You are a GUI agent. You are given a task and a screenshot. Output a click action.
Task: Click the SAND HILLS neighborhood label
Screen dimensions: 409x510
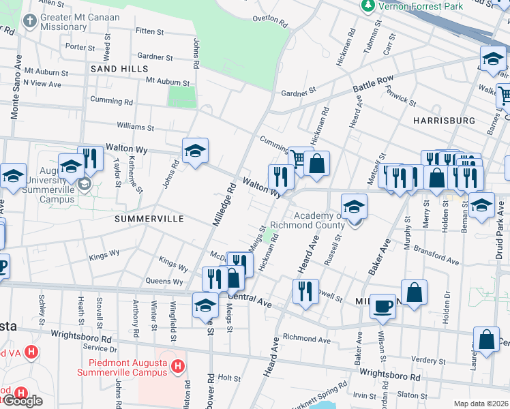click(x=120, y=70)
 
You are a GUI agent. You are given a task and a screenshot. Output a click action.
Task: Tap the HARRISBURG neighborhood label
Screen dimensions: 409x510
click(x=444, y=120)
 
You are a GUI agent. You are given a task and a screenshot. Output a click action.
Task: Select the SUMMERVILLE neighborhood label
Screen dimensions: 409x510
click(x=149, y=219)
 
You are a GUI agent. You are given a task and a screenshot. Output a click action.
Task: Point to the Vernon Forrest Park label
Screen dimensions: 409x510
click(x=421, y=6)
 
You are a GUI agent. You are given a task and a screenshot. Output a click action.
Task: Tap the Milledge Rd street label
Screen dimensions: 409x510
click(x=224, y=202)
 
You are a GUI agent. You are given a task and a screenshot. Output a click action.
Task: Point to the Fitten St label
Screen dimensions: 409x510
click(x=150, y=31)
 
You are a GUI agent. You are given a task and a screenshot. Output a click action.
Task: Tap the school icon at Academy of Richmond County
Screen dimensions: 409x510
click(x=353, y=207)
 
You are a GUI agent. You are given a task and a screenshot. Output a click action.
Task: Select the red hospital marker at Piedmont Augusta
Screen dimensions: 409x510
click(x=177, y=367)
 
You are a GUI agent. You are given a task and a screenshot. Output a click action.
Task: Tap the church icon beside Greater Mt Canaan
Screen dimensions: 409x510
click(x=29, y=21)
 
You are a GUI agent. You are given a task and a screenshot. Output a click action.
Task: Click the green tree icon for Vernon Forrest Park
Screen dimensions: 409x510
click(x=368, y=5)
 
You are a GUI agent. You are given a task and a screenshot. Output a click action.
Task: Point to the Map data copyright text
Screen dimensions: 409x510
click(x=481, y=404)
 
